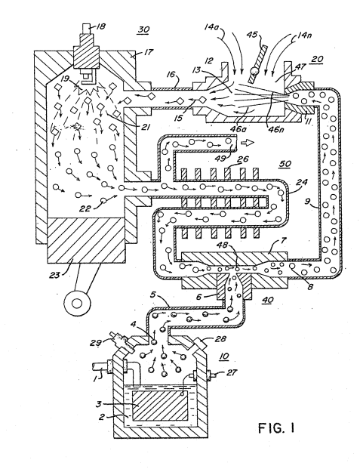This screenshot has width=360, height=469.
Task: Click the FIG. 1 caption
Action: [x=276, y=428]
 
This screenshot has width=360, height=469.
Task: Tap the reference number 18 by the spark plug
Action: [x=100, y=26]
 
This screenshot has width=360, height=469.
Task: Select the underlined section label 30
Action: [x=144, y=29]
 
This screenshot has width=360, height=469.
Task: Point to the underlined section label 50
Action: [x=285, y=164]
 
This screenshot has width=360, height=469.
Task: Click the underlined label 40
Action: [x=267, y=300]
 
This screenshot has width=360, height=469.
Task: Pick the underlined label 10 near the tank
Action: [x=224, y=356]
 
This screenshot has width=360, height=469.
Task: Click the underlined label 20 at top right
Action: [x=317, y=59]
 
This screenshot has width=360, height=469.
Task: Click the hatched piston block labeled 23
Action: [x=86, y=240]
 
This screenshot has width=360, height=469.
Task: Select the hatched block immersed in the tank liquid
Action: [x=160, y=406]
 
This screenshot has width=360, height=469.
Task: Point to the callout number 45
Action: [x=252, y=35]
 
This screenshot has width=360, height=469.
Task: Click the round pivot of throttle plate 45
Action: [x=255, y=72]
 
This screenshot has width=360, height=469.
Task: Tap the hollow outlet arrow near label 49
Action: [x=247, y=143]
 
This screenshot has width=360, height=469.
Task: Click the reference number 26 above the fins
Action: [x=242, y=159]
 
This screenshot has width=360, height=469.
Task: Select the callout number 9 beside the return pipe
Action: [x=307, y=202]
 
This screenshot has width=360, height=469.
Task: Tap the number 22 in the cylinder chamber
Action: [x=85, y=208]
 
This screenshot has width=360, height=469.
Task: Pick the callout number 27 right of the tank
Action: [x=232, y=372]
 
